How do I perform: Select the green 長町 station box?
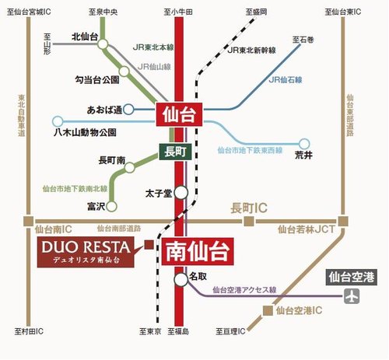tap(173, 152)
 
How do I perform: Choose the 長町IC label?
tap(249, 208)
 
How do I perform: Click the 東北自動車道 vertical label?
tap(22, 117)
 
